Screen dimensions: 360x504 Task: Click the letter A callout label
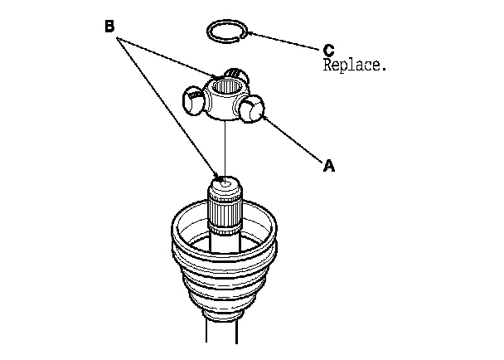click(328, 166)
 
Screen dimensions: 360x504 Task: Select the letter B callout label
click(109, 26)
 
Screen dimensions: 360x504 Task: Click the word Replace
click(354, 65)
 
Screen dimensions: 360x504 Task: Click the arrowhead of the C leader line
click(247, 34)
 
